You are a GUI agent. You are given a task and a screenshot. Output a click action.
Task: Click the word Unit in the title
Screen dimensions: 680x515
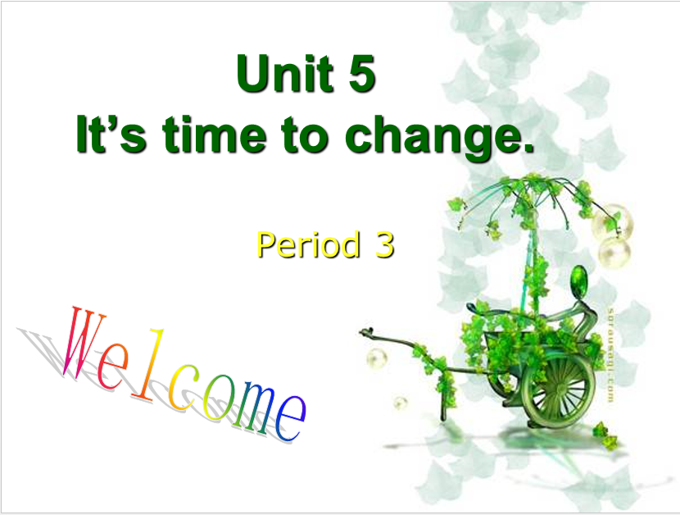point(285,73)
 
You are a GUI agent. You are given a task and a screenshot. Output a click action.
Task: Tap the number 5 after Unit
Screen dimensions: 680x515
point(361,74)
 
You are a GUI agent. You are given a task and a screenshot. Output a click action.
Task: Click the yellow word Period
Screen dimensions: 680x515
point(308,244)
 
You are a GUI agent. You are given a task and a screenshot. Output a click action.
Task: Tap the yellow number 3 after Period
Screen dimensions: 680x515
point(384,244)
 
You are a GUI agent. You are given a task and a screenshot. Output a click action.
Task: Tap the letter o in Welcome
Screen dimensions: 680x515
point(217,399)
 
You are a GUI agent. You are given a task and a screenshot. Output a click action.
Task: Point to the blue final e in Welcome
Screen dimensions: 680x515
point(291,418)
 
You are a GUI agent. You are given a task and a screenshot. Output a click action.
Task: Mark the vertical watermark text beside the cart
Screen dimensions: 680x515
point(610,354)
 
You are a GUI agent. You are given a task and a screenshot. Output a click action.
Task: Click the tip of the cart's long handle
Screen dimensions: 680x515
point(361,332)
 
